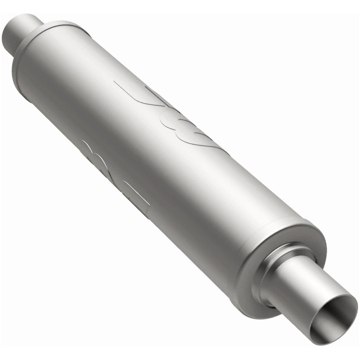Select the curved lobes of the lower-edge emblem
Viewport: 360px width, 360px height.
(97, 155)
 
